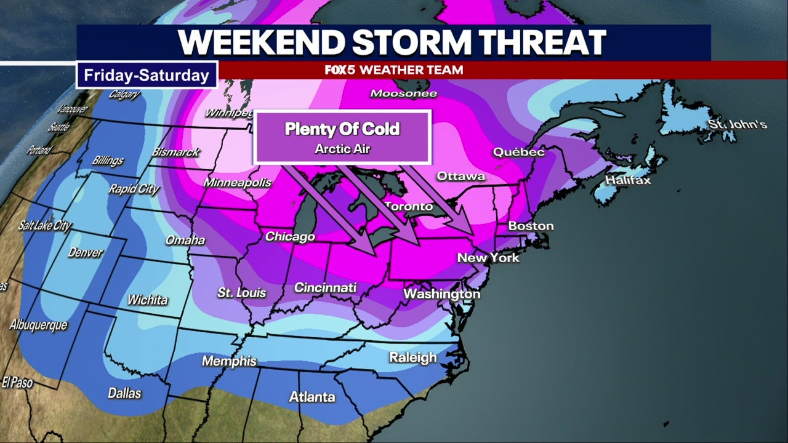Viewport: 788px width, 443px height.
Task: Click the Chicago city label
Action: pyautogui.click(x=290, y=236)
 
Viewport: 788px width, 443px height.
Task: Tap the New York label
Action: pyautogui.click(x=488, y=258)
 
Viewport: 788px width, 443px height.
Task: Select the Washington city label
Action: pyautogui.click(x=441, y=294)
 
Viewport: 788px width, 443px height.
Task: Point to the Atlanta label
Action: pyautogui.click(x=312, y=397)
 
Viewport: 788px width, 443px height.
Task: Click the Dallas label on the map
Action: pyautogui.click(x=124, y=393)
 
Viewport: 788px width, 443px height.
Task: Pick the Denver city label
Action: pyautogui.click(x=86, y=252)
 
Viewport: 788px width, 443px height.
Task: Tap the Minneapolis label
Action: pyautogui.click(x=238, y=183)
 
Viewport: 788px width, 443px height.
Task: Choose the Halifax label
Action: pyautogui.click(x=627, y=180)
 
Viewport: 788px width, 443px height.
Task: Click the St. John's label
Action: pyautogui.click(x=737, y=125)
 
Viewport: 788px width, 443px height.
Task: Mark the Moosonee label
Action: pyautogui.click(x=403, y=94)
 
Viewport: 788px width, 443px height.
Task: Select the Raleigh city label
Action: pyautogui.click(x=412, y=357)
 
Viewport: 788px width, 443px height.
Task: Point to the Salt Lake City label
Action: pyautogui.click(x=44, y=226)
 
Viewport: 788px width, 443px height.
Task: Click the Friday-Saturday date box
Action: pyautogui.click(x=147, y=76)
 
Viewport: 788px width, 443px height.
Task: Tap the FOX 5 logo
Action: pyautogui.click(x=340, y=70)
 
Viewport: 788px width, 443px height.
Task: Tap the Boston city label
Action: pyautogui.click(x=531, y=226)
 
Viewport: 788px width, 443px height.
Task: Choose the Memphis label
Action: pyautogui.click(x=229, y=361)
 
